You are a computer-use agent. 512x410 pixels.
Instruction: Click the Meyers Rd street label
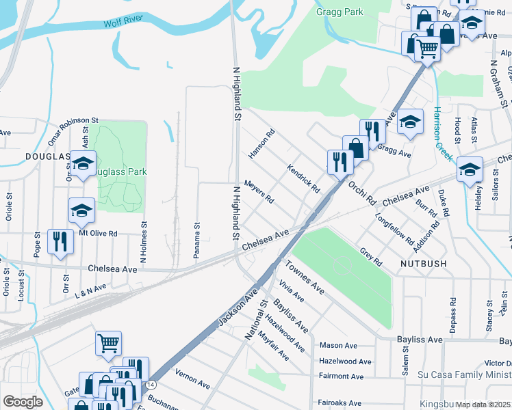pyautogui.click(x=259, y=192)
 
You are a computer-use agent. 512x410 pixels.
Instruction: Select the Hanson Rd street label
pyautogui.click(x=261, y=144)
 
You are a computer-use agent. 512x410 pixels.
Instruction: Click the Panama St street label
pyautogui.click(x=196, y=241)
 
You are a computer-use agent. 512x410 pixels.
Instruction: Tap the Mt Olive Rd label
pyautogui.click(x=99, y=234)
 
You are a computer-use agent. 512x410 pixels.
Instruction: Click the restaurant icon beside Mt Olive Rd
pyautogui.click(x=60, y=243)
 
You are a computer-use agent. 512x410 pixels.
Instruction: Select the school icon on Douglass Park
pyautogui.click(x=84, y=165)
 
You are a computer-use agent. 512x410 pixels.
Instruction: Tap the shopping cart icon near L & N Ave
pyautogui.click(x=109, y=343)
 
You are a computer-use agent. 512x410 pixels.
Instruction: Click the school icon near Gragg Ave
pyautogui.click(x=410, y=122)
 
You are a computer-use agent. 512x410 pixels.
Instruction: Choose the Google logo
pyautogui.click(x=23, y=402)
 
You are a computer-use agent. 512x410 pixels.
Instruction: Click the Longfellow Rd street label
pyautogui.click(x=394, y=231)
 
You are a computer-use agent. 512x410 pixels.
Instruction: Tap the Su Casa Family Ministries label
pyautogui.click(x=464, y=375)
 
